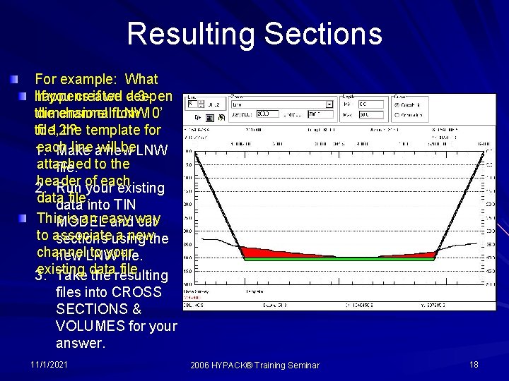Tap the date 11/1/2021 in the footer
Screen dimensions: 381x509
coord(49,365)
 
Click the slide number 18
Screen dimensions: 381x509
coord(473,365)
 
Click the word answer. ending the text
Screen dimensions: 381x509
coord(80,344)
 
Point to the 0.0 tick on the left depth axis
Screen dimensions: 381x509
coord(187,150)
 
